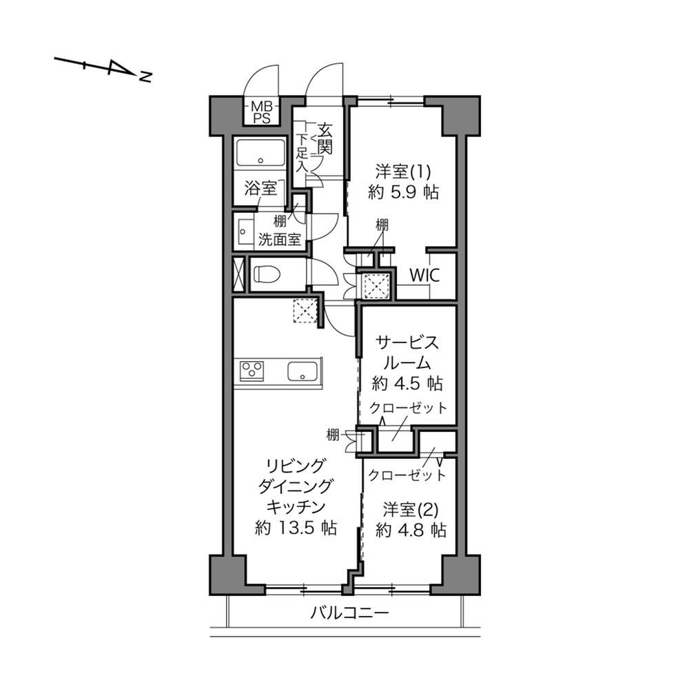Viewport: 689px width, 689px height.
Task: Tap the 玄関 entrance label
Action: (325, 139)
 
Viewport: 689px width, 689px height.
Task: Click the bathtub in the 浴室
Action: (260, 153)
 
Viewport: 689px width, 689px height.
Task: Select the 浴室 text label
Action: (261, 189)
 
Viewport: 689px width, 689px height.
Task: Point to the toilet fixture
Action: (267, 275)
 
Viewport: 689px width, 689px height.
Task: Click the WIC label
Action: (424, 276)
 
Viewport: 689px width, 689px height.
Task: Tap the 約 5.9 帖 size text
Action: (403, 192)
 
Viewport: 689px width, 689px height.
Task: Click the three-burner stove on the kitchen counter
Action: (251, 369)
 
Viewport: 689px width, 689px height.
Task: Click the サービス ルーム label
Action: (407, 352)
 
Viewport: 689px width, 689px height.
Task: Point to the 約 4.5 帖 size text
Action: (407, 384)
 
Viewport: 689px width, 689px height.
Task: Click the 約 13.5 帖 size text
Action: (296, 527)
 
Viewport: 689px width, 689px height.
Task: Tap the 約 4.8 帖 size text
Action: (411, 531)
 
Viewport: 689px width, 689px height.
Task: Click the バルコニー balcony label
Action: (350, 612)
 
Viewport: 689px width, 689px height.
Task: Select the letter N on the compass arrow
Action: (145, 77)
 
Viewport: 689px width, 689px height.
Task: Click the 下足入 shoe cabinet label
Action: (302, 152)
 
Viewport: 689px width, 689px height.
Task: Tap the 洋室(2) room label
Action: (411, 510)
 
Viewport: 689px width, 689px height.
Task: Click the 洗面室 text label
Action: (280, 240)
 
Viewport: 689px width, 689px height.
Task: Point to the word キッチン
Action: (296, 506)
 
